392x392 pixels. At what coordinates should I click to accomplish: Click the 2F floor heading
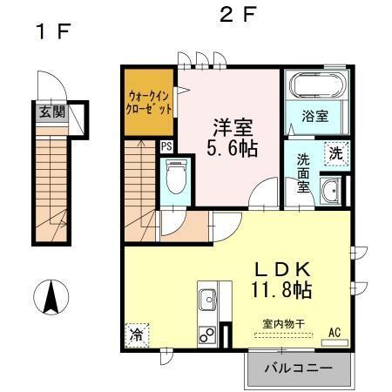[237, 15]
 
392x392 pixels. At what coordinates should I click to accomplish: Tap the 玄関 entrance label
[51, 111]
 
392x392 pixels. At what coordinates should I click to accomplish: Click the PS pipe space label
[166, 146]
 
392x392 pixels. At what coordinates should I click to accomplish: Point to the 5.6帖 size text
[231, 148]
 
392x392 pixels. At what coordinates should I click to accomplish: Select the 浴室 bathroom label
[314, 114]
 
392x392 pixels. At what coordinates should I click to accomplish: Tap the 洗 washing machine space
[335, 152]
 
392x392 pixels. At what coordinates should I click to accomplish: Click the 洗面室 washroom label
[303, 172]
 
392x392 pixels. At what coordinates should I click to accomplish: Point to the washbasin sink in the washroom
[330, 191]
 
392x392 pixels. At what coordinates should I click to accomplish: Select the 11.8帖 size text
[281, 289]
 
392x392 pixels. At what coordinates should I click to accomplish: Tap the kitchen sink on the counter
[209, 301]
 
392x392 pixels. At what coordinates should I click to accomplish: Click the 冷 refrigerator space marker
[137, 334]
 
